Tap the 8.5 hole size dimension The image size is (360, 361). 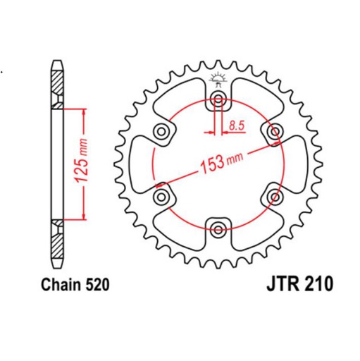point(237,126)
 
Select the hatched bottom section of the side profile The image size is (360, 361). point(56,236)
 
